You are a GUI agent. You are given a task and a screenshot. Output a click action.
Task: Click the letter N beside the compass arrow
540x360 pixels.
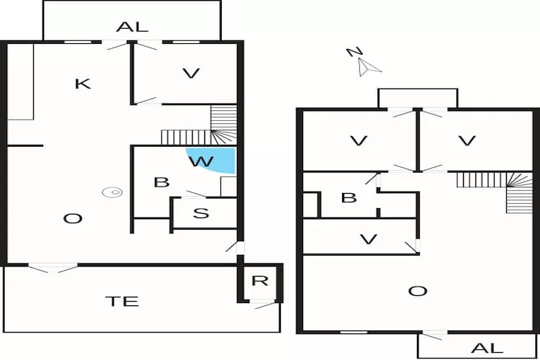(x=353, y=52)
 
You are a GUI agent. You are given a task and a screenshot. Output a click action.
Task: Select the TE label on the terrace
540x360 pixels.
(x=126, y=301)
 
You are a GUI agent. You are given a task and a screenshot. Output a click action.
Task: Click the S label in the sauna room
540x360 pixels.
(x=202, y=213)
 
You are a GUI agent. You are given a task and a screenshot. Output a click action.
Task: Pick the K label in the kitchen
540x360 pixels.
(x=83, y=84)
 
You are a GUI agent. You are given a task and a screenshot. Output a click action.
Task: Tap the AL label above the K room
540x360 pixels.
(x=132, y=27)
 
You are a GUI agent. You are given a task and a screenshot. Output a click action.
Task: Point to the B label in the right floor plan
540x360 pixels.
(x=348, y=197)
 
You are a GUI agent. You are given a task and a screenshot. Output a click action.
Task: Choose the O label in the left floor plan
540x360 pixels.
(x=72, y=218)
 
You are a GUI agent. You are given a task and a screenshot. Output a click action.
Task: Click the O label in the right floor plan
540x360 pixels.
(x=417, y=291)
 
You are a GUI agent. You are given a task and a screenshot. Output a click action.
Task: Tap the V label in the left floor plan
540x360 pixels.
(x=190, y=73)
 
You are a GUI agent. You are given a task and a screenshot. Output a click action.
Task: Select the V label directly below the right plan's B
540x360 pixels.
(x=368, y=239)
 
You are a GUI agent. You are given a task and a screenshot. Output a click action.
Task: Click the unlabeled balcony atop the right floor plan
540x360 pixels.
(x=418, y=98)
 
